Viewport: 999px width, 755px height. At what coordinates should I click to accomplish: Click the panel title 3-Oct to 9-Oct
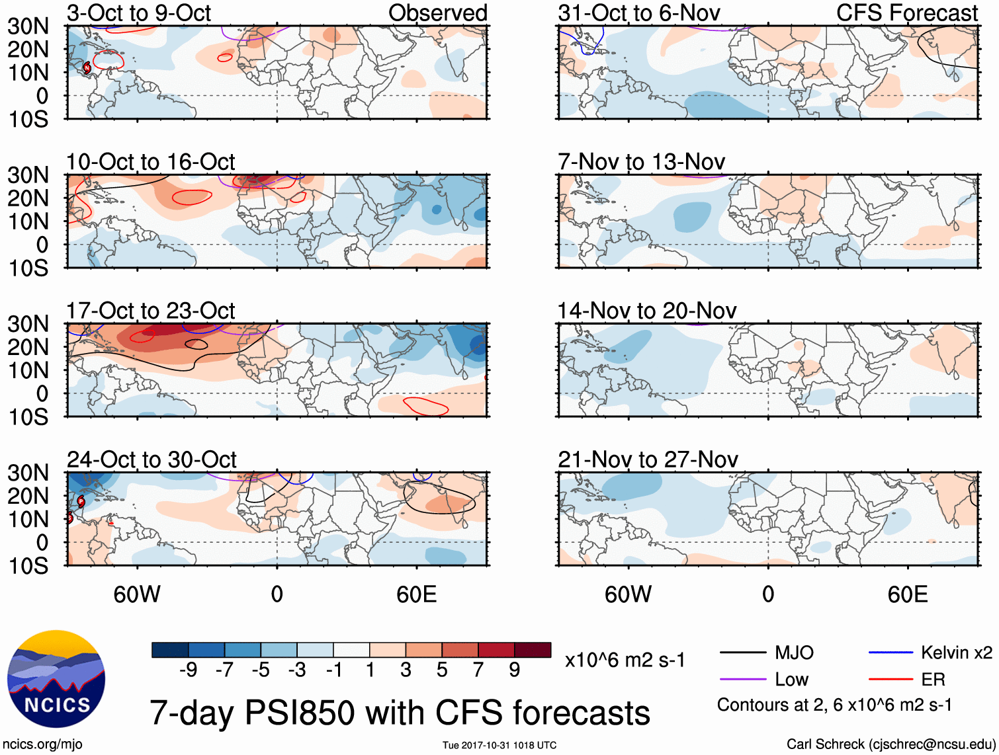pos(139,13)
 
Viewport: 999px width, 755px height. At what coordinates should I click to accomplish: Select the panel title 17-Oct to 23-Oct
pos(151,311)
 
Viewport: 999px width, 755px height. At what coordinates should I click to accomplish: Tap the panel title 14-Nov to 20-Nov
pos(646,311)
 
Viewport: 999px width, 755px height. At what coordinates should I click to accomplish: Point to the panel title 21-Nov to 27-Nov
pos(648,459)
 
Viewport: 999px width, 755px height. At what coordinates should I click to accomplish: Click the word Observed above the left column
pos(438,13)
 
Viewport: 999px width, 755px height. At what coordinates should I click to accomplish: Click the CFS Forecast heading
pos(907,13)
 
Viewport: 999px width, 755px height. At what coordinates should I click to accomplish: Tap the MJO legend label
pos(794,653)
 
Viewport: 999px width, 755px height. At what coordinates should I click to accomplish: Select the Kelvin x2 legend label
pos(956,653)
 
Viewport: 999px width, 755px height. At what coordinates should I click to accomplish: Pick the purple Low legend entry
pos(791,680)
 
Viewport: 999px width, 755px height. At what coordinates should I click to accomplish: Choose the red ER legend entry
pos(933,680)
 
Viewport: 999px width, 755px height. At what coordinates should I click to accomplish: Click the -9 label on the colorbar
pos(189,670)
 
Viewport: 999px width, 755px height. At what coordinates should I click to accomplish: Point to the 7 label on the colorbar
pos(478,670)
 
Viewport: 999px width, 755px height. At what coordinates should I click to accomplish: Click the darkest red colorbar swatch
pos(533,650)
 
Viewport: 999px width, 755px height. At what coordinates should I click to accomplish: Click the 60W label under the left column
pos(137,594)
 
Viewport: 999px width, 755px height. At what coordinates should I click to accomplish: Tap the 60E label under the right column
pos(907,594)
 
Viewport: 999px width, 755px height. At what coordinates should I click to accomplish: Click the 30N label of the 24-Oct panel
pos(28,473)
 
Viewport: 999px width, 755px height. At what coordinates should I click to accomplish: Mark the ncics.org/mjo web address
pos(42,744)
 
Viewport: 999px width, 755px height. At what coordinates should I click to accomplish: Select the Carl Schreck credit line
pos(890,744)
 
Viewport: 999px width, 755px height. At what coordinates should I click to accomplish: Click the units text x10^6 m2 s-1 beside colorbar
pos(625,660)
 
